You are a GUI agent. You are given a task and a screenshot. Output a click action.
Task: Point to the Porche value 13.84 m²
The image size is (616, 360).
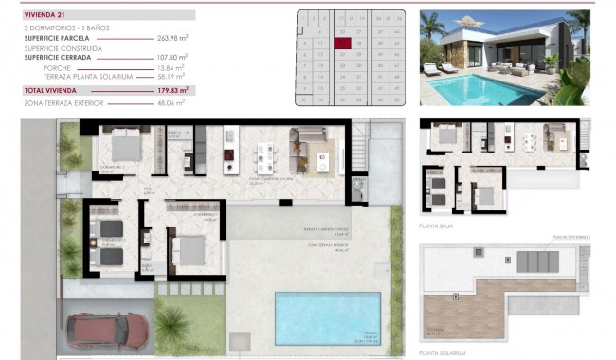tap(171, 66)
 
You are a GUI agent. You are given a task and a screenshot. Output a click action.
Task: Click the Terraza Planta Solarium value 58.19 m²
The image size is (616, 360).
tap(171, 76)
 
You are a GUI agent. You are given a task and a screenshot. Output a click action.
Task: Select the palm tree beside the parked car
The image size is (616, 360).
tap(172, 327)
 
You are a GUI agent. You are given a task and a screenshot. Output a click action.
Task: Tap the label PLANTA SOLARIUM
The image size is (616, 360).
tap(442, 353)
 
